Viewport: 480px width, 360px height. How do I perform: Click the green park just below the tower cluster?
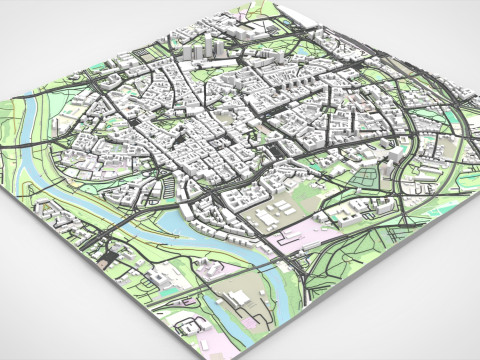(x=206, y=70)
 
